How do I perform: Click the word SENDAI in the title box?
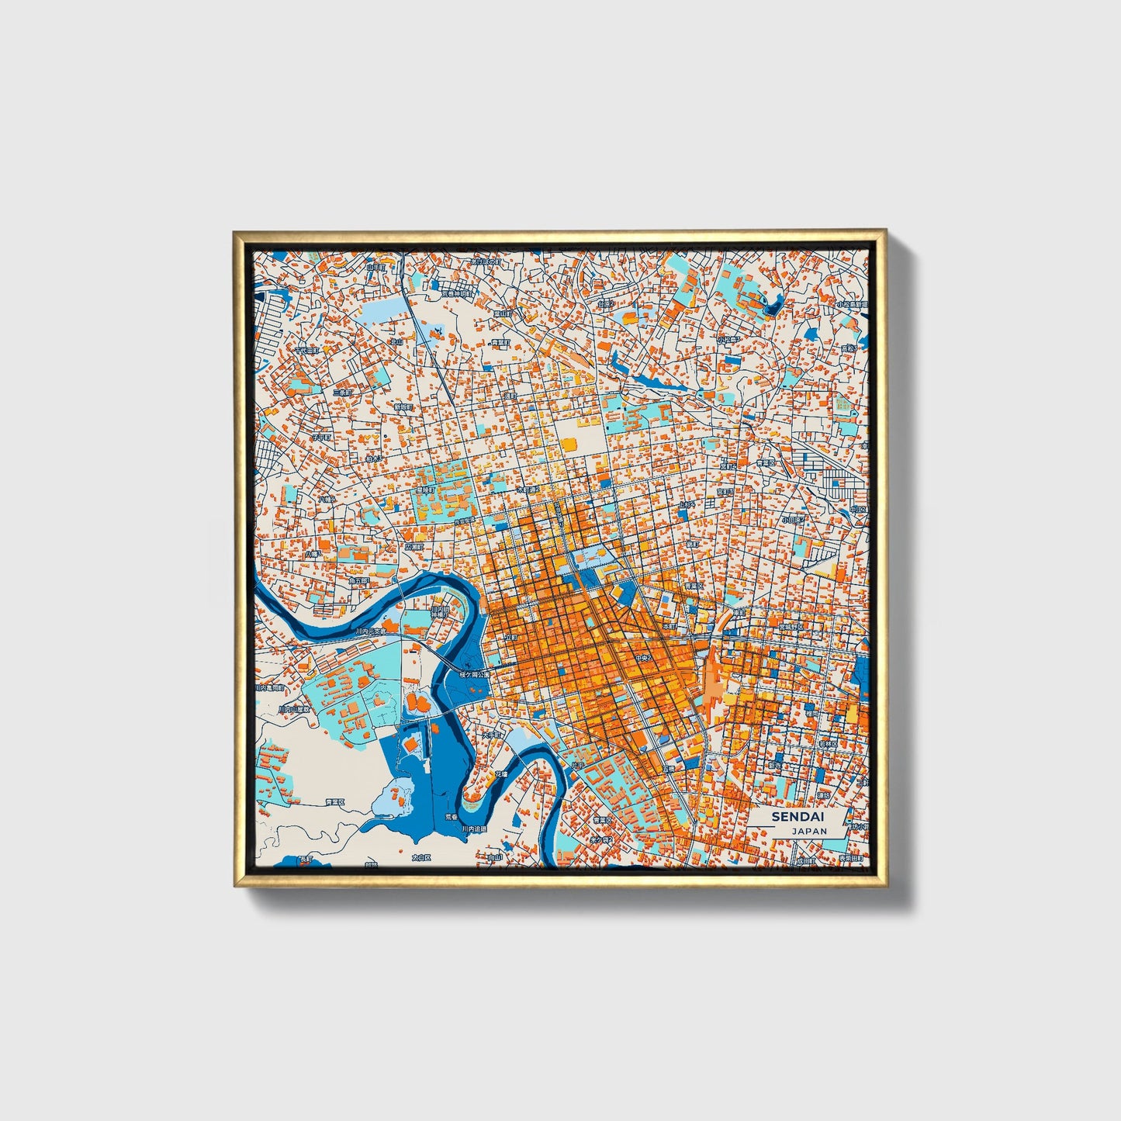click(x=798, y=817)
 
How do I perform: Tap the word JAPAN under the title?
click(x=809, y=830)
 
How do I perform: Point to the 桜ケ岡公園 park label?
click(x=475, y=674)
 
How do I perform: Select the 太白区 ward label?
click(x=420, y=857)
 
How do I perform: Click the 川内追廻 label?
click(x=475, y=828)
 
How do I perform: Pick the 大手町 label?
click(x=493, y=735)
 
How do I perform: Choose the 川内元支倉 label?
click(x=370, y=631)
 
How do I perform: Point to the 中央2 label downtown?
click(x=645, y=658)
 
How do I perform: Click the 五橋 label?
click(x=669, y=769)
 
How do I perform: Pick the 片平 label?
click(x=578, y=766)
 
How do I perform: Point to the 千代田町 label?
click(x=307, y=351)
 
